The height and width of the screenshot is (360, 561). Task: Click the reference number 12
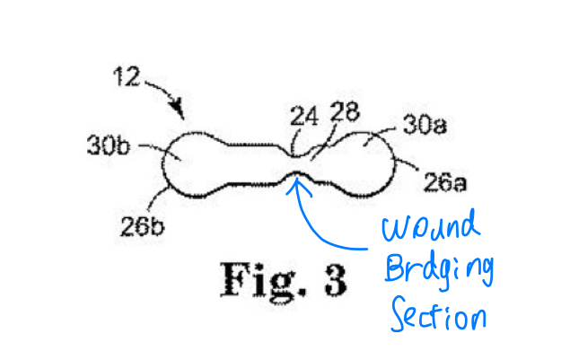pyautogui.click(x=127, y=76)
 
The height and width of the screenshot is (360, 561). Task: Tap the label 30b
pyautogui.click(x=108, y=145)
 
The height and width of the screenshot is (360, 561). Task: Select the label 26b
pyautogui.click(x=142, y=226)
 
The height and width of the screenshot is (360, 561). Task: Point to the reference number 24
pyautogui.click(x=304, y=116)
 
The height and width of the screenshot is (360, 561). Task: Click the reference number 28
pyautogui.click(x=345, y=111)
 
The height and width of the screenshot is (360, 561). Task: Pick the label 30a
pyautogui.click(x=425, y=125)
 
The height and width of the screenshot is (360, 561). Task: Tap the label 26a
pyautogui.click(x=445, y=182)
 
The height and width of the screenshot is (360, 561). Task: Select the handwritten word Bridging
pyautogui.click(x=439, y=272)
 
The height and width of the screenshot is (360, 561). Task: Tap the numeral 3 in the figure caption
pyautogui.click(x=336, y=280)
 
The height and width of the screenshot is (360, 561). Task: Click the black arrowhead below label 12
pyautogui.click(x=178, y=108)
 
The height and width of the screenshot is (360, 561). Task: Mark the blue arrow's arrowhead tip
pyautogui.click(x=296, y=178)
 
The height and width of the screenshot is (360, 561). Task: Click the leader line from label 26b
pyautogui.click(x=156, y=198)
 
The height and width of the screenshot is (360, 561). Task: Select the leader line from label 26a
pyautogui.click(x=406, y=164)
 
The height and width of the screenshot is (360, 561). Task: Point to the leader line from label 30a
pyautogui.click(x=379, y=135)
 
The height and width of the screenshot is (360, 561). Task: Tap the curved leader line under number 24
pyautogui.click(x=294, y=142)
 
